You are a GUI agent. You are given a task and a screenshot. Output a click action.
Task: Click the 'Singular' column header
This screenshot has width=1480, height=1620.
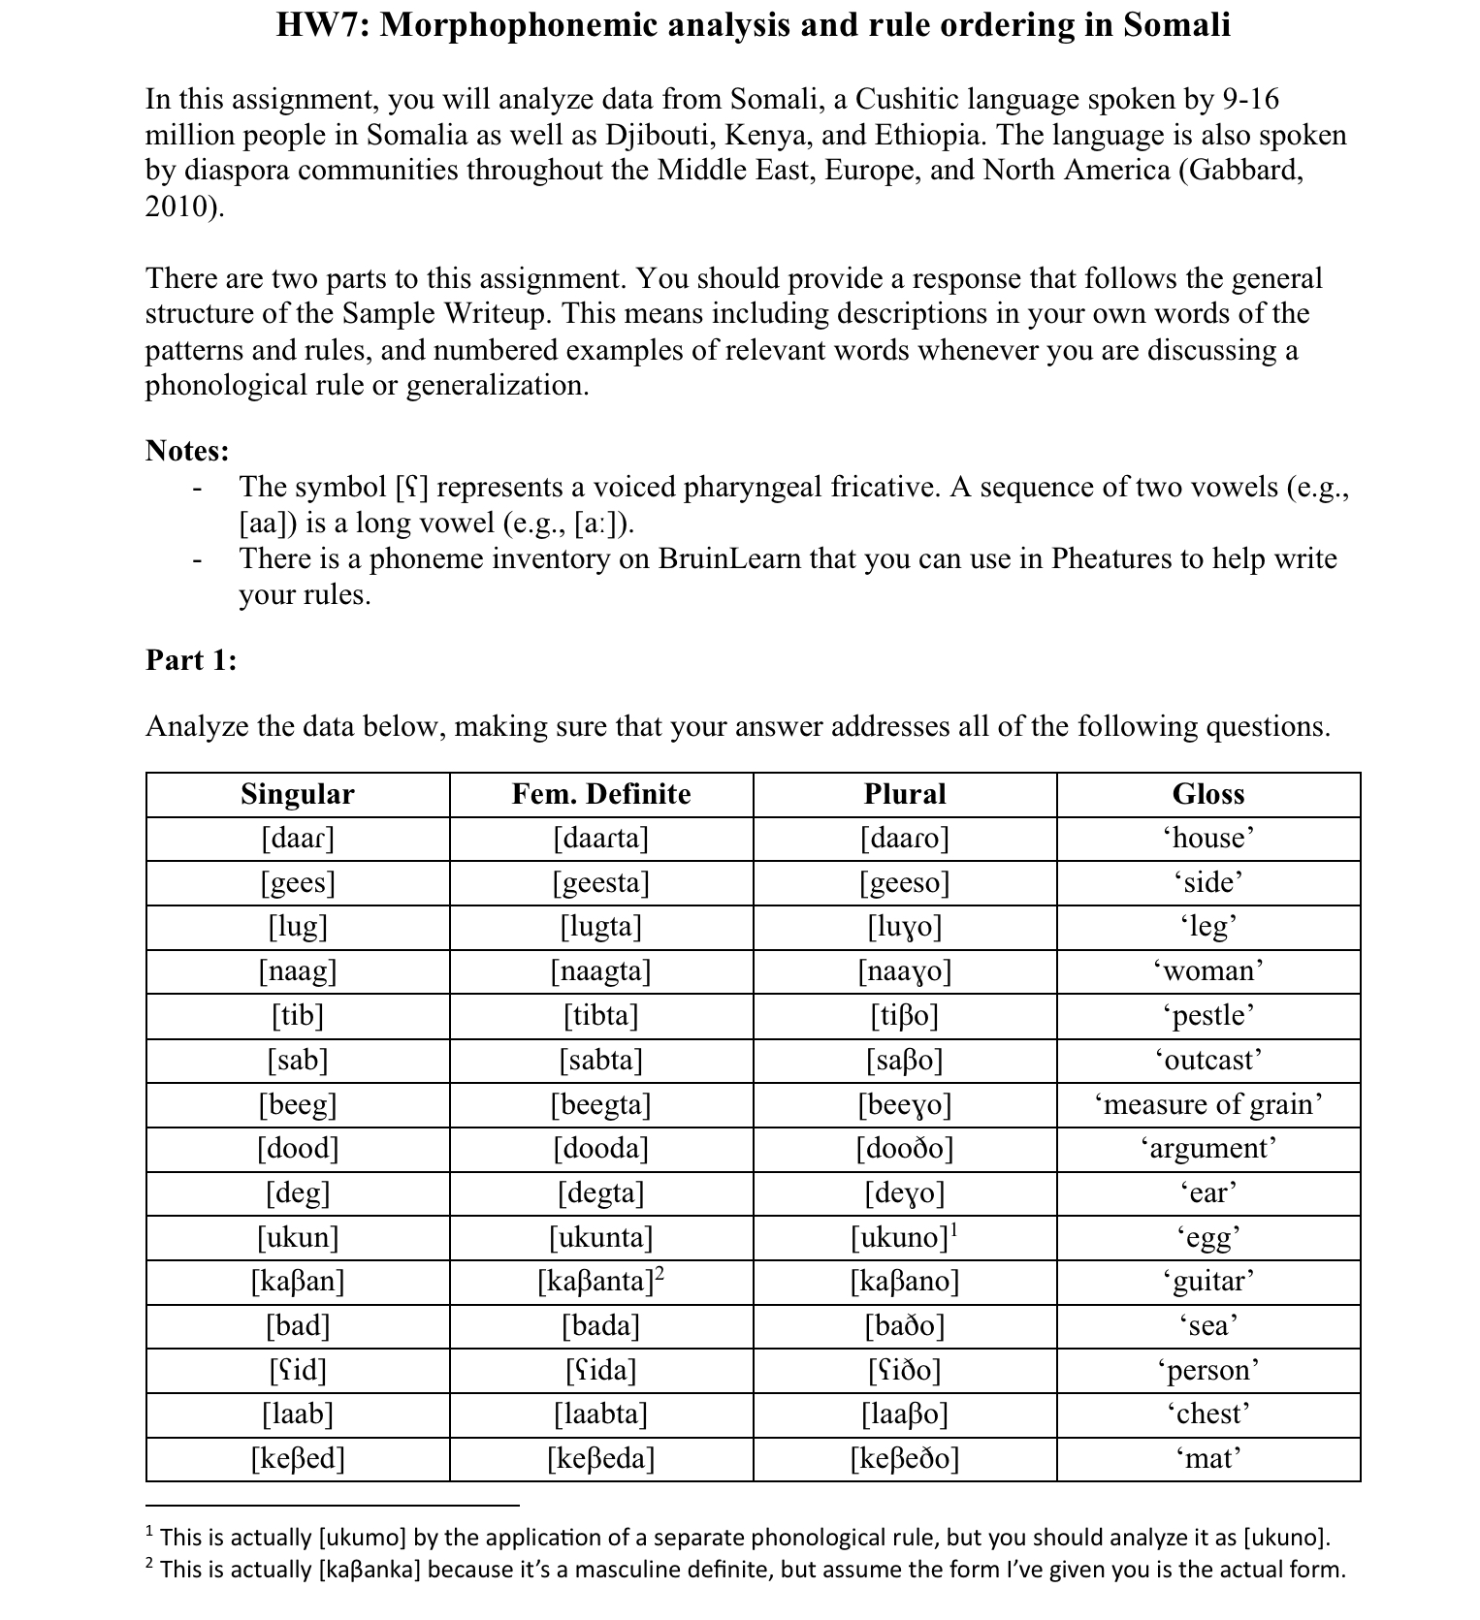pos(298,794)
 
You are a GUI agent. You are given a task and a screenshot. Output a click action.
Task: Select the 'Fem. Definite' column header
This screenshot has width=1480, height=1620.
pos(601,794)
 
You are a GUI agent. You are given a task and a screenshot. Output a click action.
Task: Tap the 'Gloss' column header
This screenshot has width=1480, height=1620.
pos(1207,794)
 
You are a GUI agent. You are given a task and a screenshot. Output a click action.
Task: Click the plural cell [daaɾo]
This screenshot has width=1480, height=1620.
pos(904,838)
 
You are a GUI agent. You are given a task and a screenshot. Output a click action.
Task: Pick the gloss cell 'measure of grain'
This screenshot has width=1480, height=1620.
pos(1207,1103)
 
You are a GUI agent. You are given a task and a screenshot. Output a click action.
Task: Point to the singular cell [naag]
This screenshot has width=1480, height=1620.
pos(298,970)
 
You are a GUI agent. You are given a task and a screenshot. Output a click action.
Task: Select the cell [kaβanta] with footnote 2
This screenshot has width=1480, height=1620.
pos(601,1281)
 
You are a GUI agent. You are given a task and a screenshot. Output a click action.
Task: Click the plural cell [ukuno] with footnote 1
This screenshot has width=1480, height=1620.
pos(904,1237)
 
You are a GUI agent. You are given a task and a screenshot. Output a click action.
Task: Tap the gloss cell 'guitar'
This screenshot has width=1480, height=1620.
pos(1207,1281)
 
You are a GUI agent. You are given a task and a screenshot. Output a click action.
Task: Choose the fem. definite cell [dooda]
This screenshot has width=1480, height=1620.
pos(601,1148)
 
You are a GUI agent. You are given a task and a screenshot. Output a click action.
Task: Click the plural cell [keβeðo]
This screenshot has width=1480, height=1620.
pos(904,1458)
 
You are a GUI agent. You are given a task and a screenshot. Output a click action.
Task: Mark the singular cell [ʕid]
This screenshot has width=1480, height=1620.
pos(298,1370)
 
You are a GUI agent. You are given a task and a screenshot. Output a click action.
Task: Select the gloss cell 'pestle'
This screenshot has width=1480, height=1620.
pos(1207,1015)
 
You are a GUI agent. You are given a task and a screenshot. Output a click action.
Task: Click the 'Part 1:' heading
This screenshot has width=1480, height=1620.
pos(191,660)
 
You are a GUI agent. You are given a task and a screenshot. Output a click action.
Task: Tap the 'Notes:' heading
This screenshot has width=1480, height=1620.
pos(187,451)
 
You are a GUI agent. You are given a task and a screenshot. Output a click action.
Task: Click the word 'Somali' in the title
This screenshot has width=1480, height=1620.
pos(1176,24)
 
